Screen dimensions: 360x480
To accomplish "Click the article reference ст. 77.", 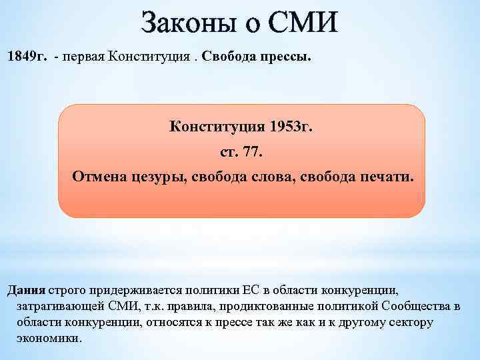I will point(242,153).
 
